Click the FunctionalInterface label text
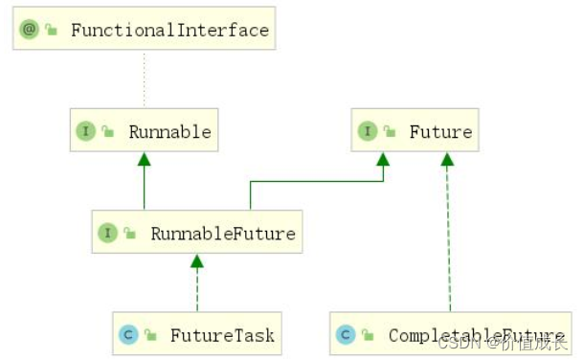[x=170, y=30]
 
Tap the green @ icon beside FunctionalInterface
[x=29, y=30]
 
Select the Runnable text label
[x=169, y=131]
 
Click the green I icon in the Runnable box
[x=85, y=131]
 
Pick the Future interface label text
[x=440, y=131]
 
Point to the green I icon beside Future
[x=368, y=131]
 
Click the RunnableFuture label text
[x=222, y=233]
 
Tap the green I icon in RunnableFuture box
[x=107, y=233]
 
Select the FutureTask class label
[x=222, y=335]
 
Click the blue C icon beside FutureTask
[x=127, y=335]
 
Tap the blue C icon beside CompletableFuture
[x=346, y=335]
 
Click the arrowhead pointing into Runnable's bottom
[x=145, y=158]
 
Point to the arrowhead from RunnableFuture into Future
[x=383, y=158]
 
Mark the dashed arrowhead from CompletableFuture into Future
[x=446, y=158]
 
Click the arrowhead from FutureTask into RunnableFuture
[x=197, y=260]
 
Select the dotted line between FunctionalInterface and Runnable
[x=145, y=80]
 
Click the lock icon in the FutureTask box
[x=150, y=335]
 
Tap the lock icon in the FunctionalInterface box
[x=51, y=30]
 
